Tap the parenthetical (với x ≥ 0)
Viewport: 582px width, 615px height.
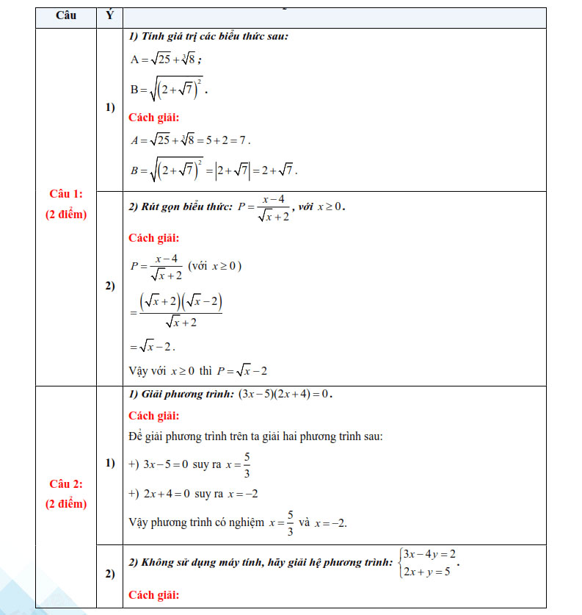[x=215, y=265]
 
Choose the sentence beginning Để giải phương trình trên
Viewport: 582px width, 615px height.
[x=255, y=436]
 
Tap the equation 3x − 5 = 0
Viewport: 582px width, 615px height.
[x=166, y=464]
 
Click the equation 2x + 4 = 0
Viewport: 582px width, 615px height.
[x=167, y=494]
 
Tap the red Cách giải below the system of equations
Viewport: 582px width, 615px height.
[x=153, y=594]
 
